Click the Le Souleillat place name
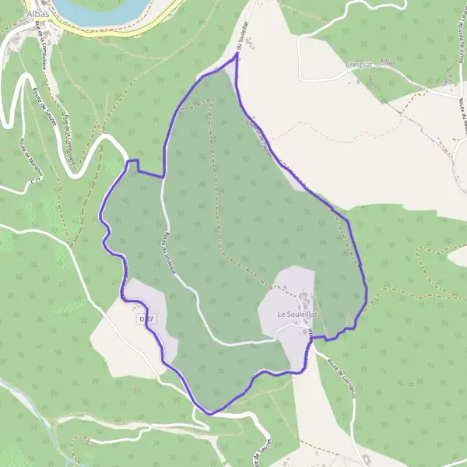pyautogui.click(x=293, y=314)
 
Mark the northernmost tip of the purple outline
pyautogui.click(x=236, y=54)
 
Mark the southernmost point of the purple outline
pyautogui.click(x=210, y=413)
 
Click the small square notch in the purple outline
pyautogui.click(x=133, y=163)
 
